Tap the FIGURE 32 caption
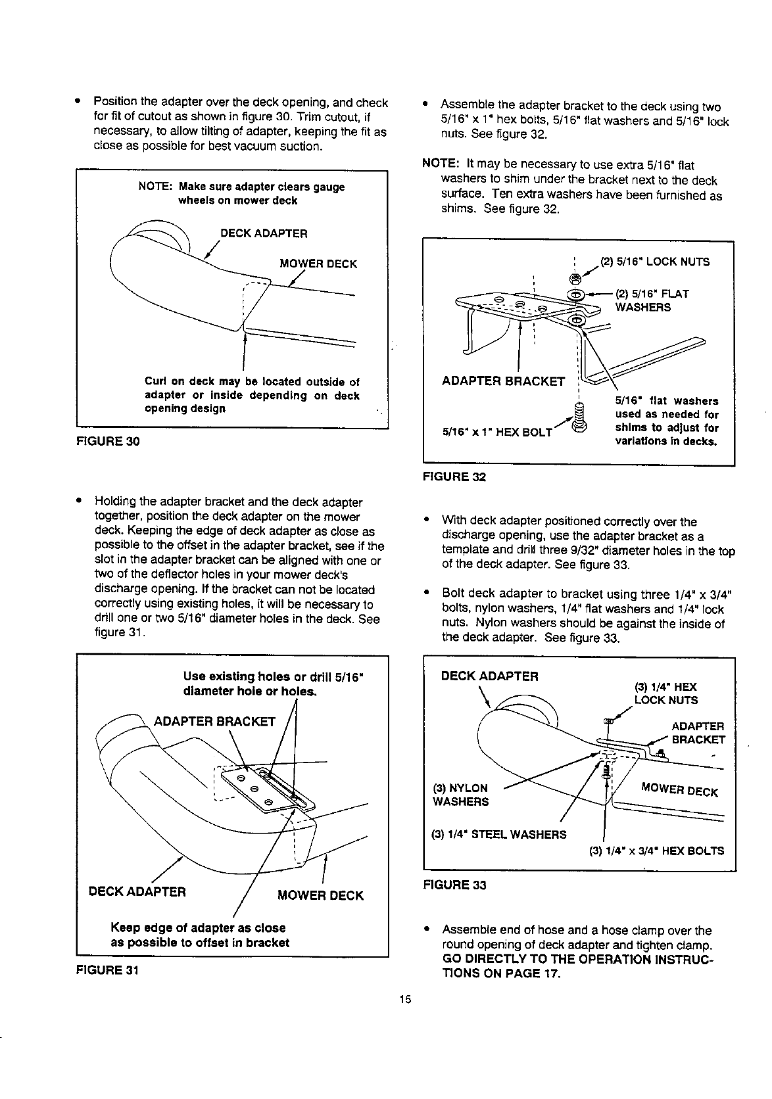coord(454,477)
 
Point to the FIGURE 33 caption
coord(454,885)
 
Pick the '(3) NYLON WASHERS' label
coord(460,795)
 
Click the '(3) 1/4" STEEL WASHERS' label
coord(498,835)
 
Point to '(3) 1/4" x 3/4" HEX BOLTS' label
coord(656,851)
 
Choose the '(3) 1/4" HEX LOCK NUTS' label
coord(665,693)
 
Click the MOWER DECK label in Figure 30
coord(318,264)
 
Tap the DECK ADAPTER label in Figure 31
coord(137,892)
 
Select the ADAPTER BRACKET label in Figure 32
coord(504,381)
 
